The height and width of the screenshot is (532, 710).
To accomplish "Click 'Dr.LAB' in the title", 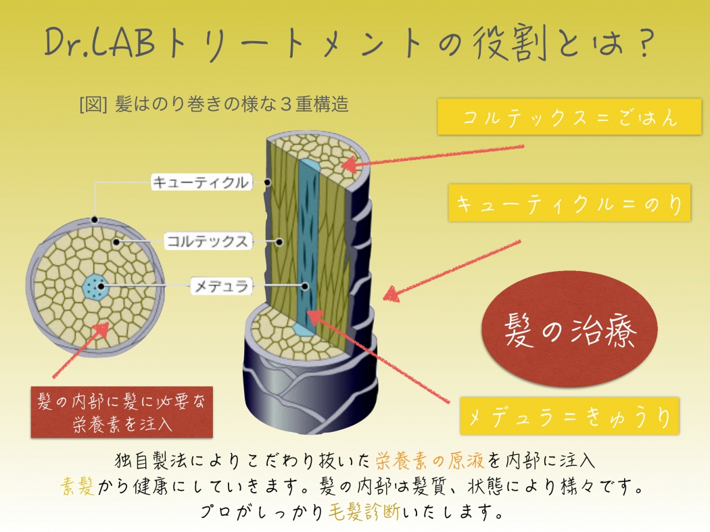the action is [x=100, y=42].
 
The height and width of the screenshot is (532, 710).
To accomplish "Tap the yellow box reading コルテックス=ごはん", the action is [x=569, y=117].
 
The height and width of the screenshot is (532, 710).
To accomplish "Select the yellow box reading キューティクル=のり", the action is [x=569, y=203].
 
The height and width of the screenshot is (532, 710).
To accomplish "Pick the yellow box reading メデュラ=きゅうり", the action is [x=569, y=416].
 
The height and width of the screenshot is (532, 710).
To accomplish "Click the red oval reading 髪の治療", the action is [x=569, y=329].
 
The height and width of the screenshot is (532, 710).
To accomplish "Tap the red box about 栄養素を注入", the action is [x=122, y=412].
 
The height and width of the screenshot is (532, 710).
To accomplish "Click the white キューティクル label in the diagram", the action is [x=202, y=182].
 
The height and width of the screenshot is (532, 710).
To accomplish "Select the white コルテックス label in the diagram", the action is [x=208, y=241].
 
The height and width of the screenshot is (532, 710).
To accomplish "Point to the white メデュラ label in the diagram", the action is [x=221, y=286].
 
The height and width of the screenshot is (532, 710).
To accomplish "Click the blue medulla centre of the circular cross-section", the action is [x=95, y=287].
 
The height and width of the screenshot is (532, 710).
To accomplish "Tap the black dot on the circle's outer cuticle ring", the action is [x=94, y=220].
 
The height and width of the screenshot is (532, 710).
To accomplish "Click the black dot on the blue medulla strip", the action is [x=305, y=286].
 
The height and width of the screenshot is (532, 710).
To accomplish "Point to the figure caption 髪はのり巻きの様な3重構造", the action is [x=214, y=104].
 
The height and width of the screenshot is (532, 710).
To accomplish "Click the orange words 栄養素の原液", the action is [x=429, y=460].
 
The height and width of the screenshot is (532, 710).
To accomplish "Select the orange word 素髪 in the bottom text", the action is [x=78, y=487].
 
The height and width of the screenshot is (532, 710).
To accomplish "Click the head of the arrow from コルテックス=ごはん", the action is [x=349, y=164].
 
